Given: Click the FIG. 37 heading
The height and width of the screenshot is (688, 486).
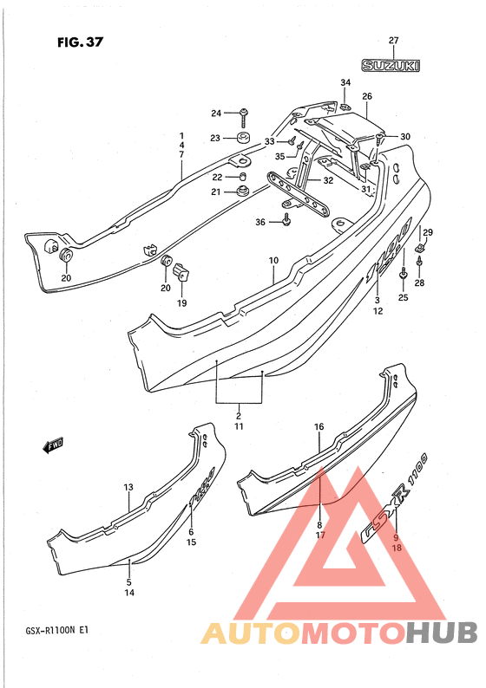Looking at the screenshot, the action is click(x=80, y=42).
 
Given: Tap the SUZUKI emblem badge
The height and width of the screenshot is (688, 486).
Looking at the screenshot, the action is click(x=391, y=66).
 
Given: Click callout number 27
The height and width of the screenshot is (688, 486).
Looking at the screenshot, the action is click(x=393, y=41).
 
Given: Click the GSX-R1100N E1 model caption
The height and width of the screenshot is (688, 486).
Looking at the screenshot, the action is click(x=57, y=631).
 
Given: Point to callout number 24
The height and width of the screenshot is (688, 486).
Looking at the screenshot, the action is click(x=216, y=114).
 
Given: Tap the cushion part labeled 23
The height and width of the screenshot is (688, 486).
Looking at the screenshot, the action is click(x=242, y=138).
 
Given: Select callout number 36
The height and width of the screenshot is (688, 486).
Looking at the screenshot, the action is click(x=260, y=223).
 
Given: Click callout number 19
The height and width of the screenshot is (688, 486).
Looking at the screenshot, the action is click(x=181, y=302).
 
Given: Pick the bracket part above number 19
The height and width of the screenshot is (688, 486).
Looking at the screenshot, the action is click(x=181, y=272).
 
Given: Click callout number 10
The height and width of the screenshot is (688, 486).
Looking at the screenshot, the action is click(x=273, y=261).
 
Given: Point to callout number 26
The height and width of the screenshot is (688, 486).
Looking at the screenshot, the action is click(x=367, y=96).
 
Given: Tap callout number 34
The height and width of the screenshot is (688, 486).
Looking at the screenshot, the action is click(x=345, y=82).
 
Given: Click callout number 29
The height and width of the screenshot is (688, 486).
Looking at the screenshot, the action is click(x=428, y=232).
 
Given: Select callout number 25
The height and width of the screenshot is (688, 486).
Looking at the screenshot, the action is click(x=403, y=297).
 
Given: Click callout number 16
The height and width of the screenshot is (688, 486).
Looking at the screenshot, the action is click(x=319, y=426).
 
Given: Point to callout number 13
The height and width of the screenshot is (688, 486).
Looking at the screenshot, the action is click(x=128, y=487).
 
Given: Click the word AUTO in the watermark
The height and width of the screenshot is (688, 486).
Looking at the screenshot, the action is click(x=250, y=633).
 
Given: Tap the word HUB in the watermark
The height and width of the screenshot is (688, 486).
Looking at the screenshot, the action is click(x=442, y=633).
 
